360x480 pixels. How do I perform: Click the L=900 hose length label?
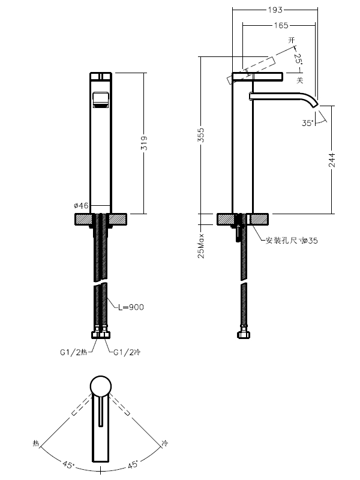coord(131,307)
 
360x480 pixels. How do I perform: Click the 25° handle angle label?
coord(298,58)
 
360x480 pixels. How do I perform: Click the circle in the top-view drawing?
coord(100,387)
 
